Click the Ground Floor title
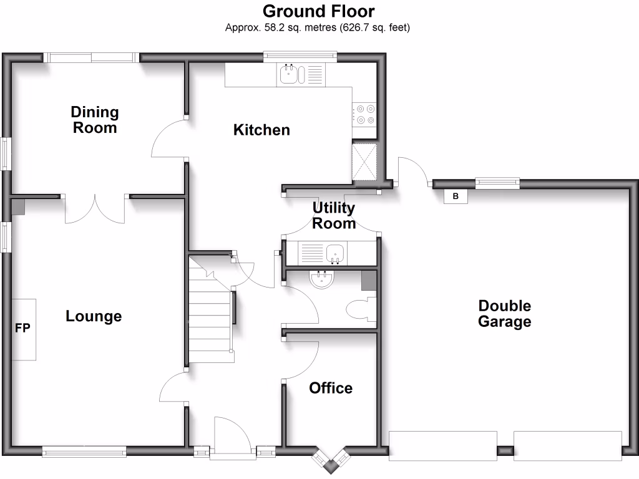(318, 11)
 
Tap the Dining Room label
(95, 120)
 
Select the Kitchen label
(261, 130)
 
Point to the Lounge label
(94, 316)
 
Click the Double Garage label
(504, 314)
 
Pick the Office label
(331, 388)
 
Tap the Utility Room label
(334, 215)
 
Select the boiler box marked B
(456, 196)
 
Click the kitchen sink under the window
(288, 75)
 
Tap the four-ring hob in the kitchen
(364, 115)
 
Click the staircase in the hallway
(210, 315)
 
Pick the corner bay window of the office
(330, 459)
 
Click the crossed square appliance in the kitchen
(364, 161)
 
